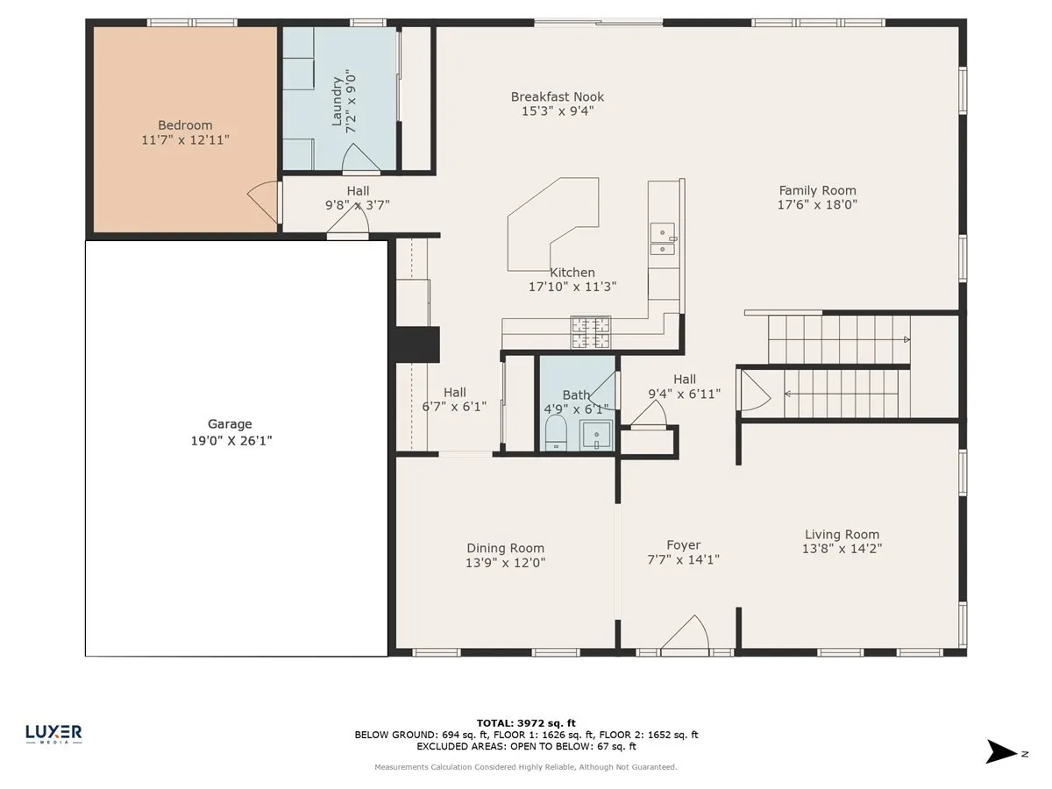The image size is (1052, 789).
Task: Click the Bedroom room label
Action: (x=185, y=125)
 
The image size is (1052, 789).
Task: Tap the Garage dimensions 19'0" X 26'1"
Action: (x=231, y=440)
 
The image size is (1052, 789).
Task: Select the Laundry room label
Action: (x=338, y=102)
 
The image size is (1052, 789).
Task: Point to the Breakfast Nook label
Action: (x=558, y=96)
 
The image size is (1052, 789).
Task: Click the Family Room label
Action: (x=817, y=190)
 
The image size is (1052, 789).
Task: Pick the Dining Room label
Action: (x=505, y=548)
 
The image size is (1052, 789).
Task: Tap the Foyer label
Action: (x=684, y=545)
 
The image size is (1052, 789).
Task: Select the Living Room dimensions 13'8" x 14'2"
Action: (x=842, y=549)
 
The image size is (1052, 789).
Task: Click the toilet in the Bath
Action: (x=556, y=433)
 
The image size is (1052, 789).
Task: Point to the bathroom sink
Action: (x=596, y=435)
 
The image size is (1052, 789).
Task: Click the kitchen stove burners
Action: (x=591, y=332)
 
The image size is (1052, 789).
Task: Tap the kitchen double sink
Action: (x=663, y=238)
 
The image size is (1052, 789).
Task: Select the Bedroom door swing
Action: (x=263, y=203)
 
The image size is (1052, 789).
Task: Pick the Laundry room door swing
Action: (x=360, y=158)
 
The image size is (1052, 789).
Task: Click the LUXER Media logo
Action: (x=53, y=734)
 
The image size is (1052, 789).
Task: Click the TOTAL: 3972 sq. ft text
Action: (x=526, y=723)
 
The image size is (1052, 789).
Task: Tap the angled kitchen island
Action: (x=553, y=224)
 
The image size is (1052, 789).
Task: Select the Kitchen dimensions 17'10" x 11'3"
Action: (x=572, y=287)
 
